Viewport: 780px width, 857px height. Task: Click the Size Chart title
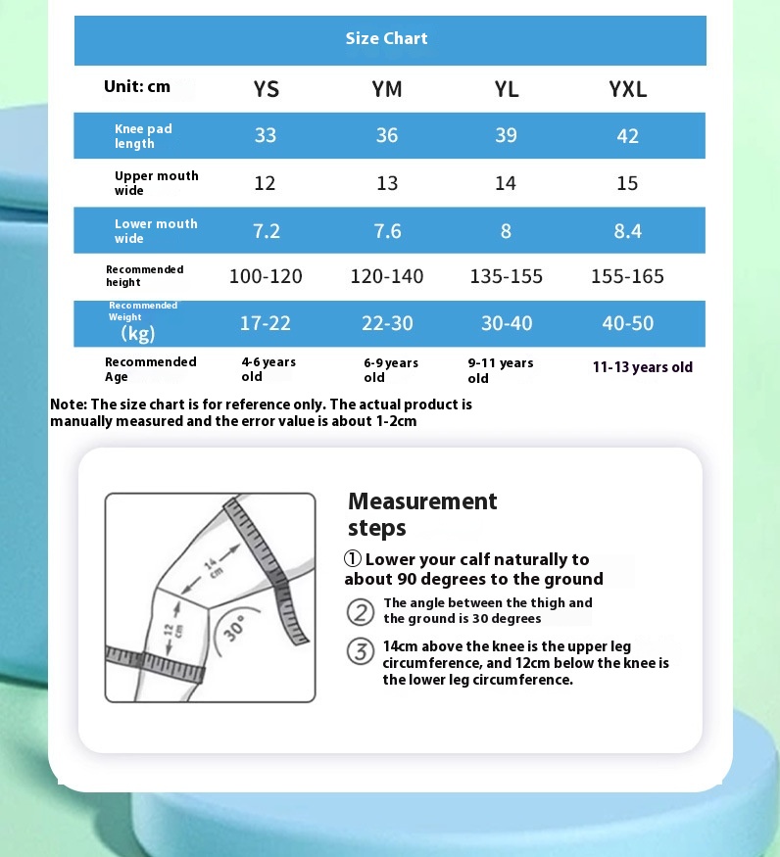(386, 39)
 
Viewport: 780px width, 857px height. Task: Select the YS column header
(266, 89)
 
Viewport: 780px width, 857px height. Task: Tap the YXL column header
(627, 89)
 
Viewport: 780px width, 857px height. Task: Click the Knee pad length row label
(143, 136)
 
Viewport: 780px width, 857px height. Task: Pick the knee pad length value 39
(506, 135)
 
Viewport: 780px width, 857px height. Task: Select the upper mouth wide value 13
(387, 183)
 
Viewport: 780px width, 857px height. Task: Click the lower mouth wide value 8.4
(627, 231)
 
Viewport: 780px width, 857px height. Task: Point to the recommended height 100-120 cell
(266, 276)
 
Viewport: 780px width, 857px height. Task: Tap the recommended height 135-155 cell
(506, 276)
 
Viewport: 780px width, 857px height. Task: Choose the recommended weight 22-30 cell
(387, 323)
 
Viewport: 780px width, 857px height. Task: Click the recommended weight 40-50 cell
(627, 323)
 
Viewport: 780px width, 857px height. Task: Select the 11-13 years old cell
(642, 367)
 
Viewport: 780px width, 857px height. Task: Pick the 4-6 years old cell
(268, 369)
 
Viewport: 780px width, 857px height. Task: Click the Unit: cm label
(137, 87)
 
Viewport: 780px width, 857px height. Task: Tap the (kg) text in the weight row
(138, 334)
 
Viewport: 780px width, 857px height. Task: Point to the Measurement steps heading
(422, 514)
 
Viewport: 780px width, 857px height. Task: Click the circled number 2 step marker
(361, 612)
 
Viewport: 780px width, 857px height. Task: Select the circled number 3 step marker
(361, 651)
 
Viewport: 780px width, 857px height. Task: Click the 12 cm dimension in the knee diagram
(168, 635)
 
